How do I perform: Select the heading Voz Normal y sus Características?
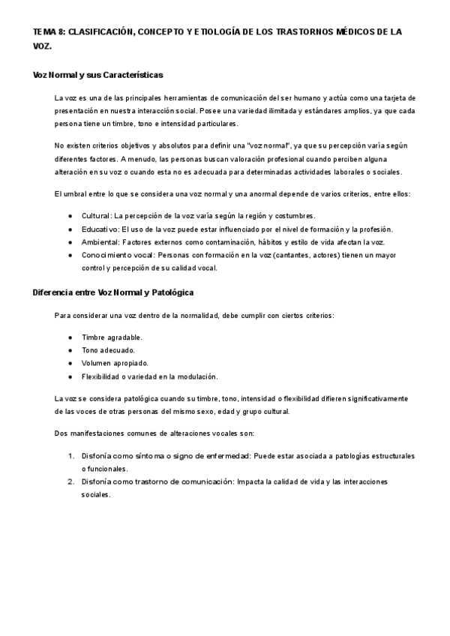coord(98,75)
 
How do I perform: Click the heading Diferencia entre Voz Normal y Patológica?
coord(113,292)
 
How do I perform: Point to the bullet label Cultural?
coord(96,215)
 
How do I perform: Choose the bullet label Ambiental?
coord(100,242)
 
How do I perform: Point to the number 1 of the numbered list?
coord(70,455)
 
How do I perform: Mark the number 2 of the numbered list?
coord(70,481)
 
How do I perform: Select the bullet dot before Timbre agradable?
coord(70,337)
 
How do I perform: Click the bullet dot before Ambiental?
coord(70,242)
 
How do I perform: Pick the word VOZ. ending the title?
coord(43,46)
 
